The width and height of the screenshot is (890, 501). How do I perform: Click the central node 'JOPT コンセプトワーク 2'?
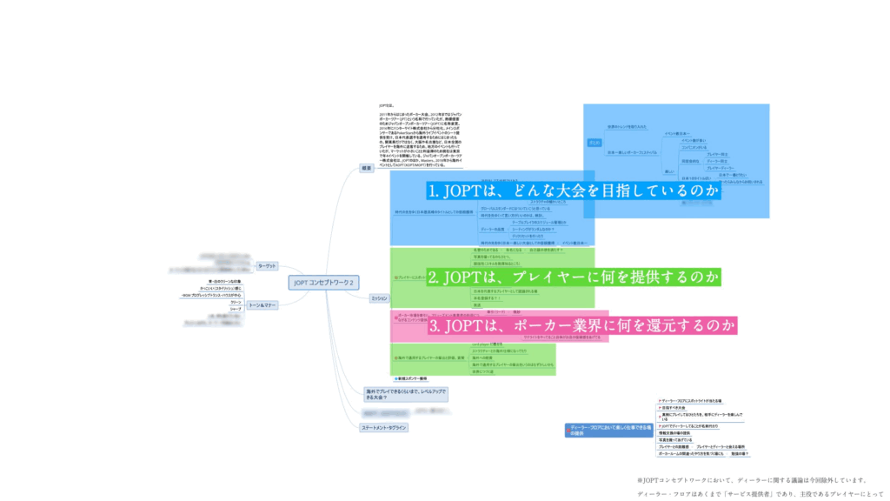(x=324, y=282)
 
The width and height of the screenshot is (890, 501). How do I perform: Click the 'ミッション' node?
(x=379, y=298)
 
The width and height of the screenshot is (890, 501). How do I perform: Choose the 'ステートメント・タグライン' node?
(x=384, y=428)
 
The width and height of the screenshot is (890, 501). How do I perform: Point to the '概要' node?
(x=367, y=168)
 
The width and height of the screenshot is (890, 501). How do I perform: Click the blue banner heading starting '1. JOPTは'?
(x=574, y=190)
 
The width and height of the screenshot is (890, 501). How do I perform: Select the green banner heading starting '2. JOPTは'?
(x=574, y=277)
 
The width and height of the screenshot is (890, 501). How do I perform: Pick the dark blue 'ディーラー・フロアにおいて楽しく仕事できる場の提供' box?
(x=608, y=429)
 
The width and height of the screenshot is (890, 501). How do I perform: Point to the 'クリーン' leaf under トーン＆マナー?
(x=236, y=302)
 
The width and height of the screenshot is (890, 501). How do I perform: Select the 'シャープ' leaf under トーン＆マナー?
(x=236, y=308)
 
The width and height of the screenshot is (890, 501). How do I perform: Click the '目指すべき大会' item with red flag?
(x=674, y=408)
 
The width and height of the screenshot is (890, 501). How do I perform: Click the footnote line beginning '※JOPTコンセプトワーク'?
(x=752, y=480)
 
